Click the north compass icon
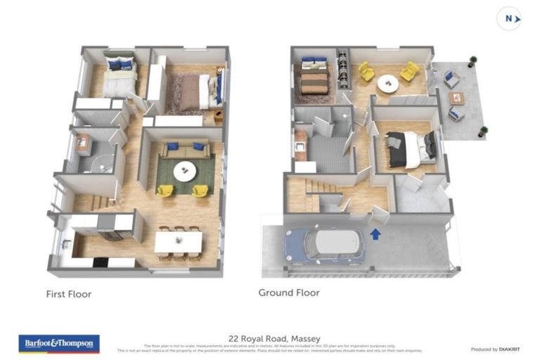pyautogui.click(x=508, y=18)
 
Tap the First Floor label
pyautogui.click(x=69, y=293)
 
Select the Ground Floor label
pyautogui.click(x=288, y=292)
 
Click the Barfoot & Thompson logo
pyautogui.click(x=59, y=343)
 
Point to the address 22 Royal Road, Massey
pyautogui.click(x=269, y=337)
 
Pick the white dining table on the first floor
pyautogui.click(x=179, y=242)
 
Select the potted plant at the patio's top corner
pyautogui.click(x=473, y=61)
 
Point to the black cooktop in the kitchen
pyautogui.click(x=101, y=262)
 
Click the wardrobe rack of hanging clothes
pyautogui.click(x=342, y=69)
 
